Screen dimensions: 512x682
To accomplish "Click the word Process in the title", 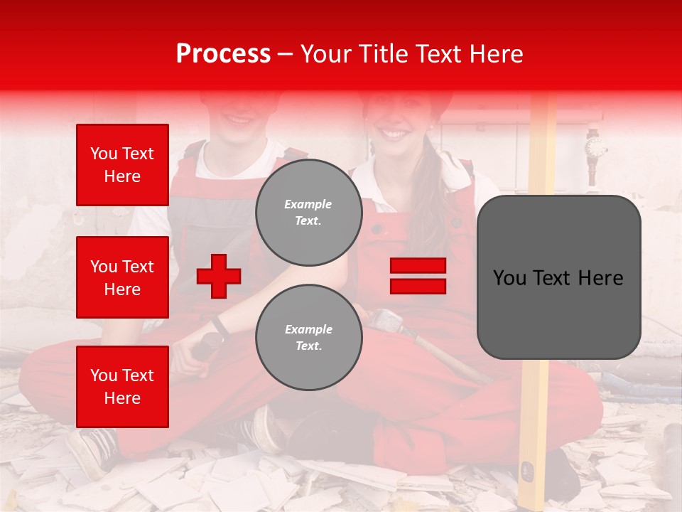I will pyautogui.click(x=223, y=54).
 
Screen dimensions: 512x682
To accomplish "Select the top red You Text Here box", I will pyautogui.click(x=122, y=165).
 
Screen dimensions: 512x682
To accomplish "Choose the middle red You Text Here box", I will pyautogui.click(x=122, y=277).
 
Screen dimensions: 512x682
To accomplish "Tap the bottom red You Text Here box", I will pyautogui.click(x=122, y=387).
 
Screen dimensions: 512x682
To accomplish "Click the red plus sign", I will pyautogui.click(x=218, y=276).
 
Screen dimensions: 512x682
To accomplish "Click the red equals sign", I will pyautogui.click(x=418, y=276).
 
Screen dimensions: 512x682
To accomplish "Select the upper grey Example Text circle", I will pyautogui.click(x=308, y=212).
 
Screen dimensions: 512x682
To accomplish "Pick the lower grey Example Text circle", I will pyautogui.click(x=308, y=337).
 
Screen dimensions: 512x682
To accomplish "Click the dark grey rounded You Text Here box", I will pyautogui.click(x=558, y=277).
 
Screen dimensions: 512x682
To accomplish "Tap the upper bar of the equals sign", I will pyautogui.click(x=418, y=265).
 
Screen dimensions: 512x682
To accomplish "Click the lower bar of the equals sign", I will pyautogui.click(x=418, y=286).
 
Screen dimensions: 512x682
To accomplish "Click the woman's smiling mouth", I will pyautogui.click(x=396, y=133).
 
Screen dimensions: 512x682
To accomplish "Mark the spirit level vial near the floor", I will pyautogui.click(x=527, y=470).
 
